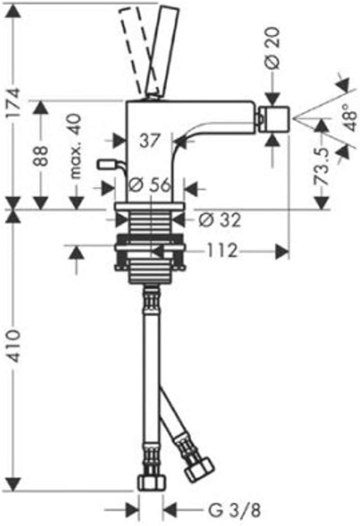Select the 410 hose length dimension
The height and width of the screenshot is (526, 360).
click(x=14, y=346)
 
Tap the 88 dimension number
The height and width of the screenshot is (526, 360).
click(x=41, y=156)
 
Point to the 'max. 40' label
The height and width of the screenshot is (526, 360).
click(x=76, y=146)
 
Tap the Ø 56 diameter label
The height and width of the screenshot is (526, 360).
click(x=150, y=185)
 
